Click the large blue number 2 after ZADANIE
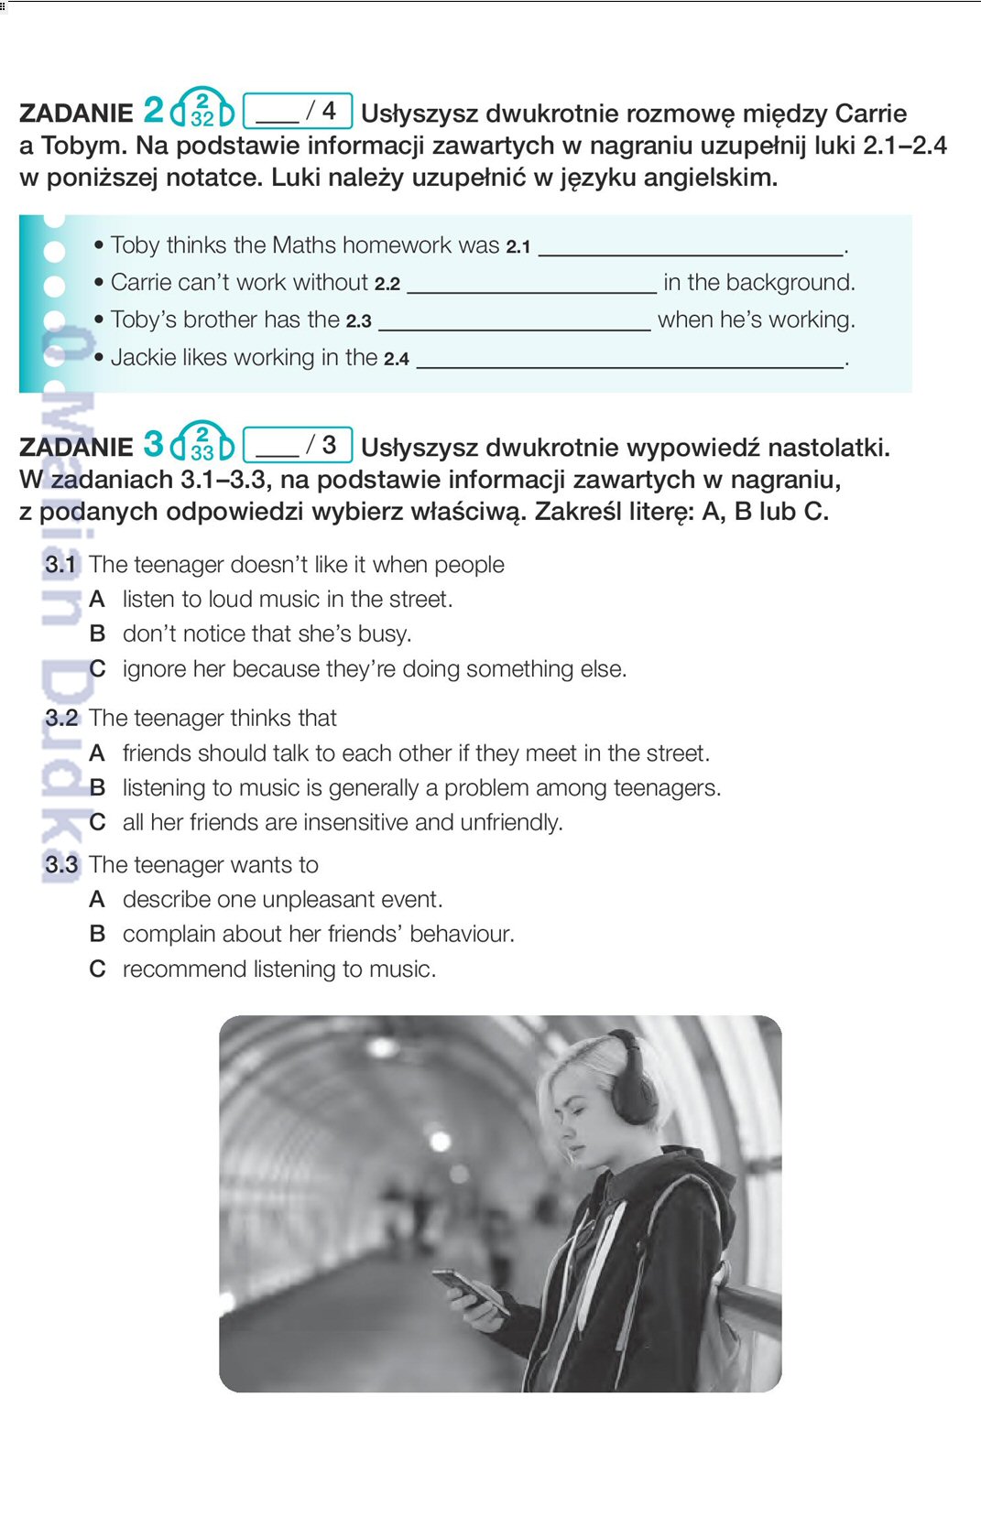(153, 111)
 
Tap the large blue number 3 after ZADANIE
(153, 445)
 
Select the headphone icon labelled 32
(202, 109)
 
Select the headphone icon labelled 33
(202, 443)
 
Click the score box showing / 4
(298, 111)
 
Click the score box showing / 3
(298, 445)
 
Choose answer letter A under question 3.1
(97, 600)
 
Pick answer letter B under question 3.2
(97, 788)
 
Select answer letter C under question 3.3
(97, 969)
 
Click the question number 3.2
(61, 719)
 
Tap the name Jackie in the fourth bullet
(143, 358)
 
